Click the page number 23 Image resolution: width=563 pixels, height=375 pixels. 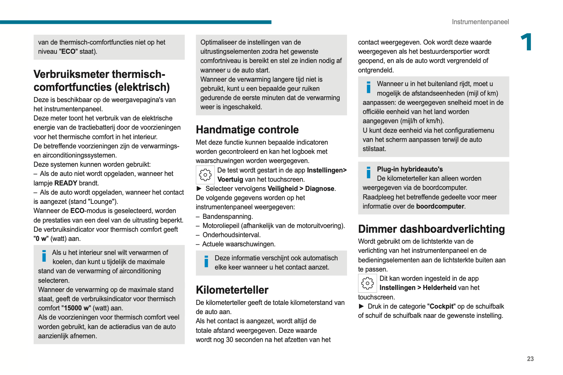(x=530, y=359)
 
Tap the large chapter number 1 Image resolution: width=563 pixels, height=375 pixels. (x=526, y=42)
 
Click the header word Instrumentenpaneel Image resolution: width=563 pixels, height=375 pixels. (x=480, y=22)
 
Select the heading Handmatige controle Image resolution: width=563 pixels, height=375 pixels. (x=247, y=130)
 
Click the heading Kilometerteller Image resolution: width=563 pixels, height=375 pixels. (x=232, y=290)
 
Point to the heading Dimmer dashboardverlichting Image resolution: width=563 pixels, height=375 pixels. (x=431, y=229)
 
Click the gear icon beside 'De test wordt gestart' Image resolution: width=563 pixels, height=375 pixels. (x=205, y=175)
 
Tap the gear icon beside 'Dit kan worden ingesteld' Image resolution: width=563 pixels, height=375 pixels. (x=367, y=283)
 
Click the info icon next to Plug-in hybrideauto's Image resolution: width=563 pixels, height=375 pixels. (x=368, y=172)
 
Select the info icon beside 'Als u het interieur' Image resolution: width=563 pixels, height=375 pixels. (x=44, y=256)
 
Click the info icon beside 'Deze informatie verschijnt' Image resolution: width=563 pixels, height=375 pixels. (x=206, y=261)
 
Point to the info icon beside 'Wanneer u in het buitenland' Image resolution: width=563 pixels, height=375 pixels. (x=368, y=87)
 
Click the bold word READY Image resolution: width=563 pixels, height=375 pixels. (x=66, y=183)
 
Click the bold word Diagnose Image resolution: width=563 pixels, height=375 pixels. (x=319, y=189)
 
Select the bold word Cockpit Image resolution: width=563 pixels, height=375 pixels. (x=442, y=306)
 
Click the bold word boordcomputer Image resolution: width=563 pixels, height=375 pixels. (x=440, y=206)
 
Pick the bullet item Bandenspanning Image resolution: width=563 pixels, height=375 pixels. (x=227, y=216)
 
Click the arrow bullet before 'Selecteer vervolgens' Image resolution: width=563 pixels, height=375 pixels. (x=199, y=189)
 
